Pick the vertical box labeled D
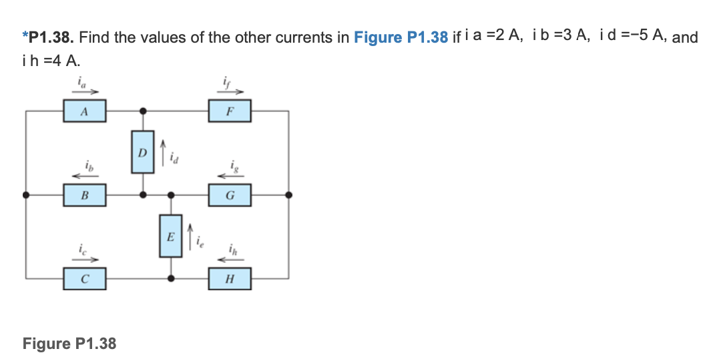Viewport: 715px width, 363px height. [x=142, y=151]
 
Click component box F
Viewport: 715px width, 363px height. [x=230, y=112]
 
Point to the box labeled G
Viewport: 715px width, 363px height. [x=230, y=196]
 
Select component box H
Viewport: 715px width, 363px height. [x=230, y=279]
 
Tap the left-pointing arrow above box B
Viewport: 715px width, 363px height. [x=85, y=176]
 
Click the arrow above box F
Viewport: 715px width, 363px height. [x=230, y=93]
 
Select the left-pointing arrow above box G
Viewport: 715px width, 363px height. [x=230, y=175]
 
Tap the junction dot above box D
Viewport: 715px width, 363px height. [x=142, y=111]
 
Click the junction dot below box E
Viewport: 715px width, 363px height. [x=171, y=278]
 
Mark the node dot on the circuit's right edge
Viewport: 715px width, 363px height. [x=288, y=196]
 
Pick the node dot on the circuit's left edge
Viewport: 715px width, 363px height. [x=26, y=196]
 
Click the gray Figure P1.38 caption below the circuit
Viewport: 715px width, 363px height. [x=69, y=344]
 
